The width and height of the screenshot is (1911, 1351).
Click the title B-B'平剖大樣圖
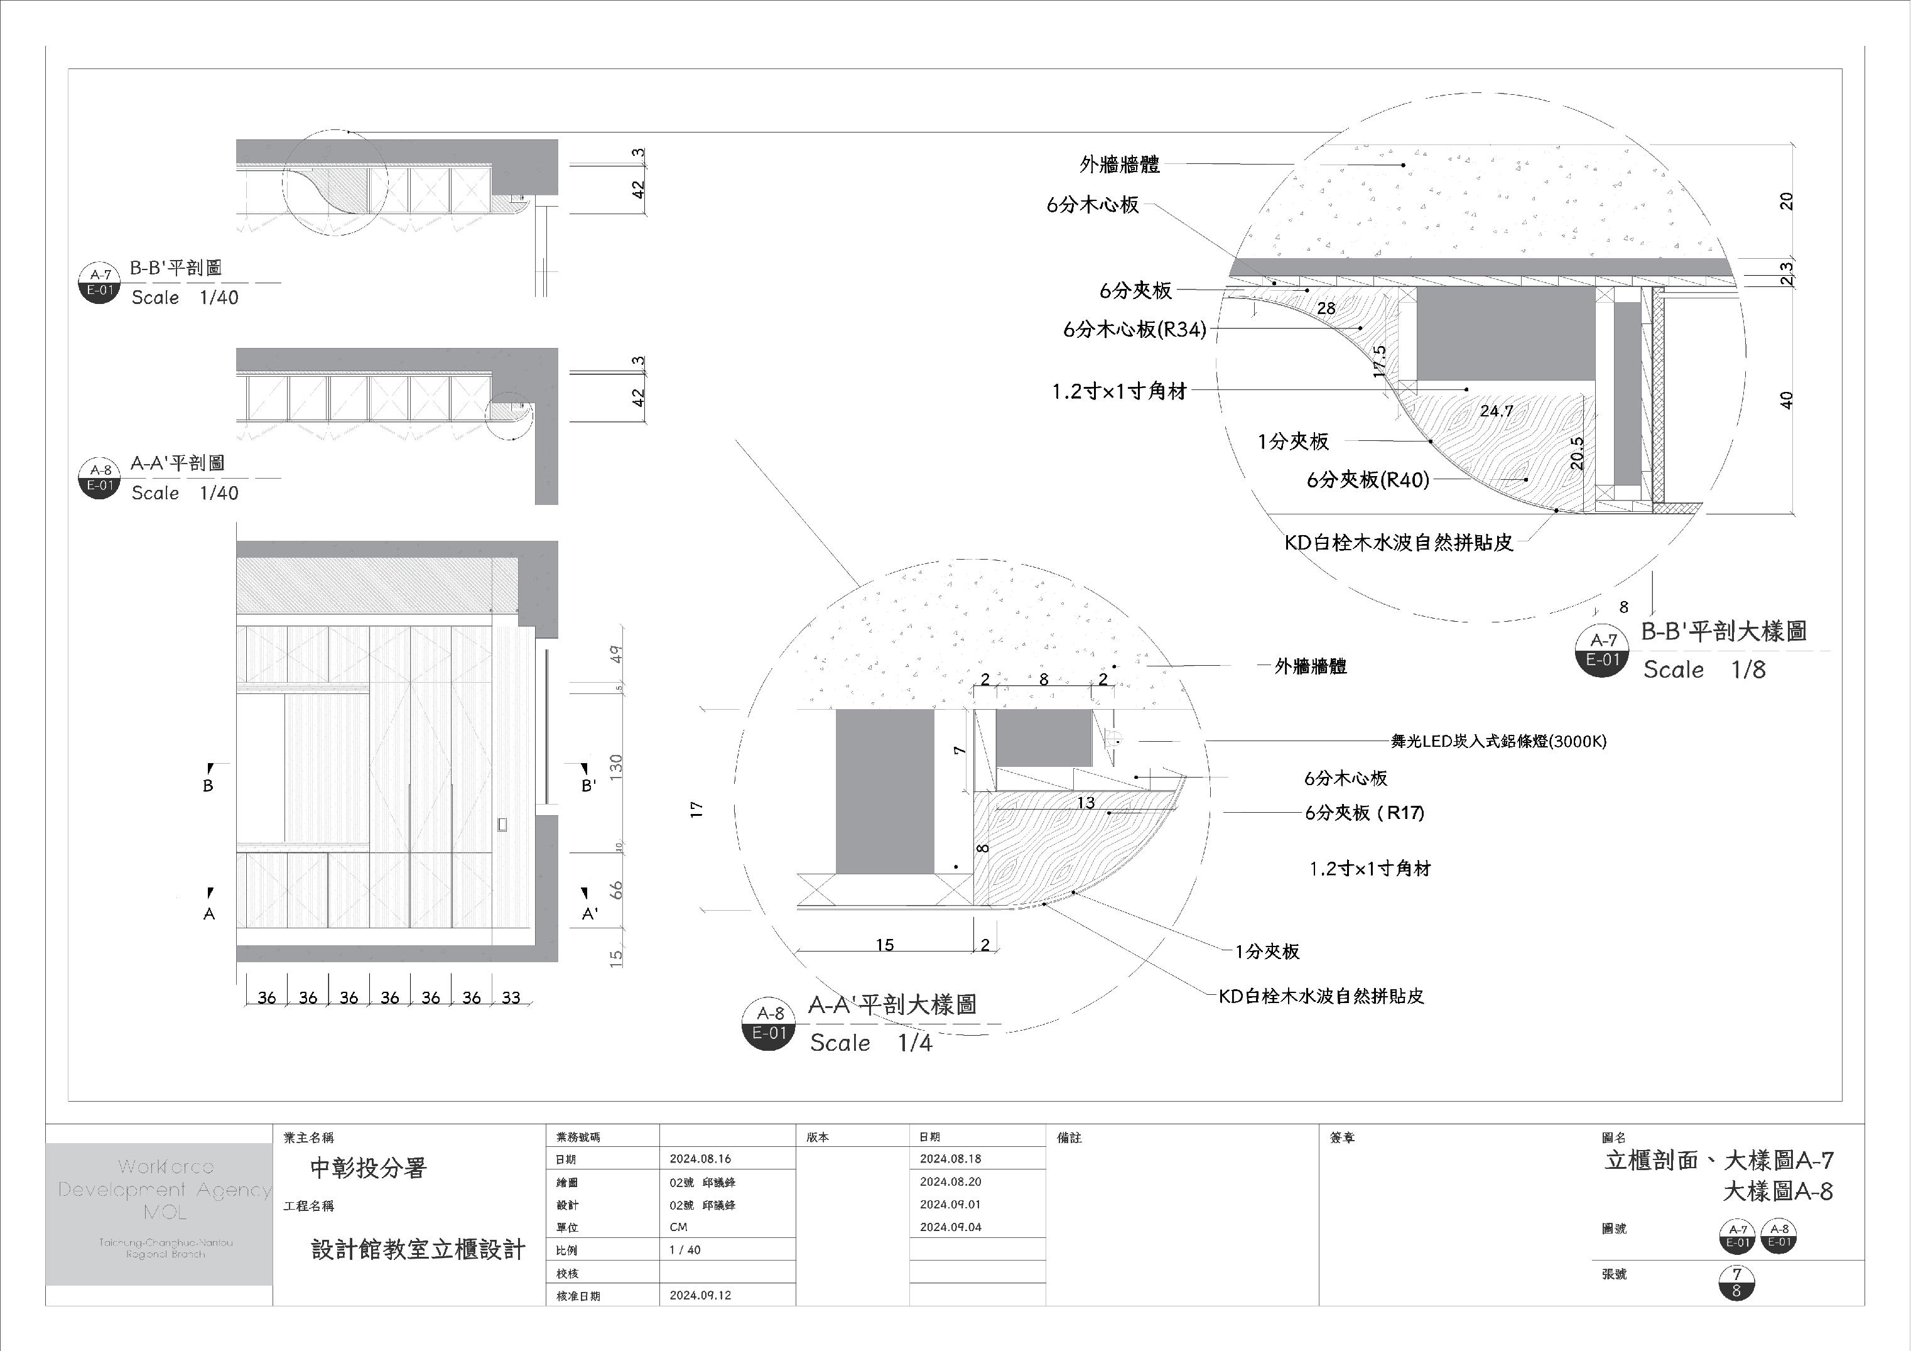(x=1724, y=631)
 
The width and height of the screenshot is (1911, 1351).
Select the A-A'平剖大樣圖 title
(x=892, y=1005)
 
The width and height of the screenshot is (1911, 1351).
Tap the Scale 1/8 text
(x=1704, y=670)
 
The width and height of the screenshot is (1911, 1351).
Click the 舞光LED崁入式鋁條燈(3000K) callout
(x=1498, y=741)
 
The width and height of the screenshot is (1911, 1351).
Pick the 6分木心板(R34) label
(x=1134, y=330)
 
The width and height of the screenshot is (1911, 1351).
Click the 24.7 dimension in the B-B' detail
(x=1497, y=410)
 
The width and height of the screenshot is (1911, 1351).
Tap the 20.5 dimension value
(x=1576, y=453)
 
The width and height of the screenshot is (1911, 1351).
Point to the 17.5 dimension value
(x=1379, y=361)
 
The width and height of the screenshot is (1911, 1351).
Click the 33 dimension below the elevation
(x=511, y=997)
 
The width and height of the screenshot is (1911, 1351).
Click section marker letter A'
(x=589, y=914)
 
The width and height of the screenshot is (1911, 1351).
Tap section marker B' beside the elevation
(x=588, y=785)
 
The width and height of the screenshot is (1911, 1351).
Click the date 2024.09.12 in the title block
(x=701, y=1295)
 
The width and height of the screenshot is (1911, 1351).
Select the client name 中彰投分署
(x=368, y=1168)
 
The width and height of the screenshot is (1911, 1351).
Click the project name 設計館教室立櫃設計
(x=418, y=1249)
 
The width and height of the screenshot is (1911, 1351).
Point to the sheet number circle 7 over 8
(x=1736, y=1283)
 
